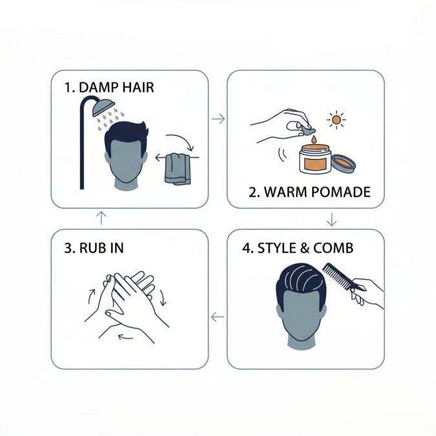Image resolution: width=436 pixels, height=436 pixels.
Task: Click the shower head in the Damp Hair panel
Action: click(103, 107)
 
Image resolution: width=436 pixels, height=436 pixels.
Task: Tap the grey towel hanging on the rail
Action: click(177, 168)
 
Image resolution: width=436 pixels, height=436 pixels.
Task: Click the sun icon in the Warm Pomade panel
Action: click(337, 121)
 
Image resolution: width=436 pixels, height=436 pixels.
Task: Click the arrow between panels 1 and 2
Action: click(218, 119)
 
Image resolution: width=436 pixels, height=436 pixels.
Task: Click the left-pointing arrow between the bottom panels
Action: click(218, 317)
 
